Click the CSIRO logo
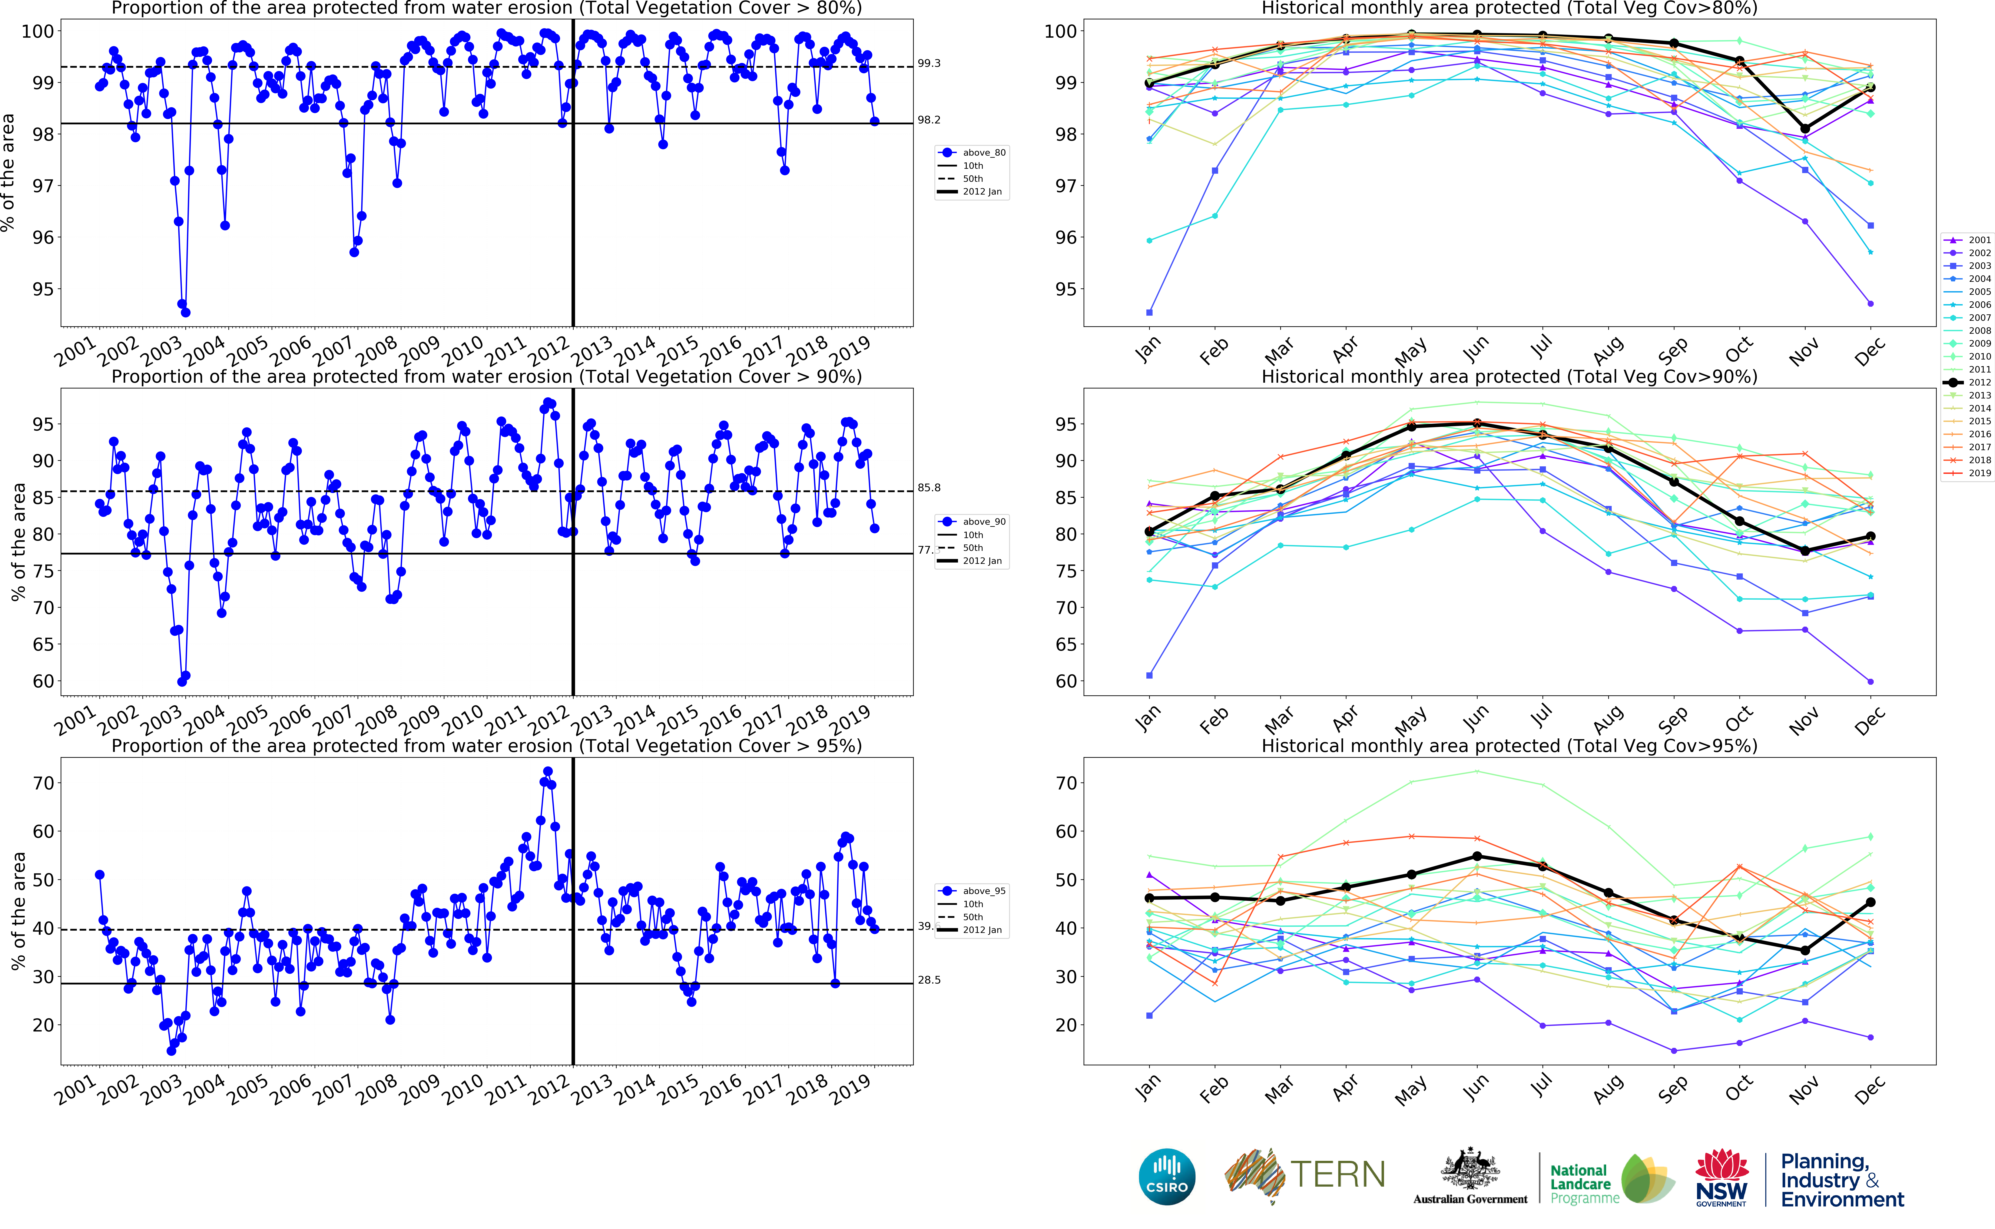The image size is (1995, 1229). pyautogui.click(x=1167, y=1177)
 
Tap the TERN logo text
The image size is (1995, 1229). pyautogui.click(x=1338, y=1175)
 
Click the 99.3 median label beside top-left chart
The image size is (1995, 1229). pyautogui.click(x=929, y=63)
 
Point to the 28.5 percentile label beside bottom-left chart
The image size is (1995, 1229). pyautogui.click(x=929, y=980)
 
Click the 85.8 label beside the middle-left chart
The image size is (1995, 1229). pyautogui.click(x=929, y=488)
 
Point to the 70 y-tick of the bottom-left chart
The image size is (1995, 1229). pyautogui.click(x=43, y=784)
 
